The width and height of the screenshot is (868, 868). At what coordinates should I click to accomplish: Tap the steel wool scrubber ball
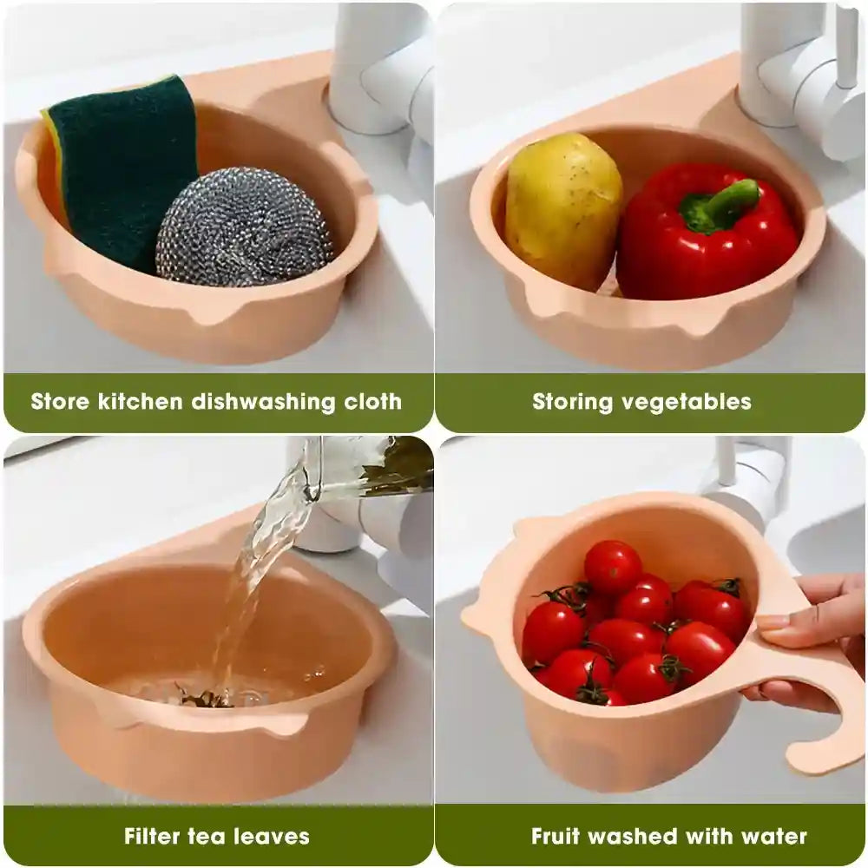[243, 227]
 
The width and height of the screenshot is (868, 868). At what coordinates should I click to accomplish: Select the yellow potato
[562, 208]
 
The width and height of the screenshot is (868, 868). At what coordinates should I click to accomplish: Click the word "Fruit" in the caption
[557, 837]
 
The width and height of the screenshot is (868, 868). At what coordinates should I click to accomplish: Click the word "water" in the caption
[775, 837]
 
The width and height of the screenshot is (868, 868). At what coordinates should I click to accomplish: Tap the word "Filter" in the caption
[153, 837]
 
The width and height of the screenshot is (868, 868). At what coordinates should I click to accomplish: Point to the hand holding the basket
[812, 625]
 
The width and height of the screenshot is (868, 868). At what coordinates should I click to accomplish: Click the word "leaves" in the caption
[272, 837]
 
